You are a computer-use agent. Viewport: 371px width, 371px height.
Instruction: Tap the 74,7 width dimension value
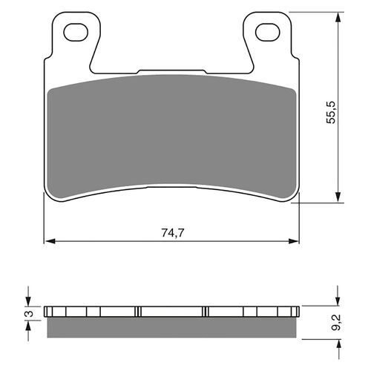pyautogui.click(x=173, y=233)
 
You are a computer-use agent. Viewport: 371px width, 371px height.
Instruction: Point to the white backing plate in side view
pyautogui.click(x=172, y=311)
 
